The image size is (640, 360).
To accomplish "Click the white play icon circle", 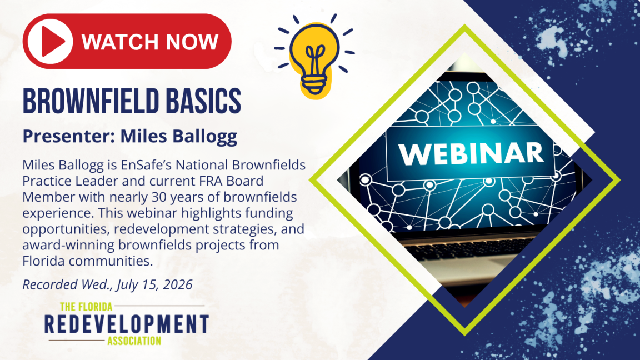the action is pos(50,41).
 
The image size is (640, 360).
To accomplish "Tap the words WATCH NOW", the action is pos(150,42).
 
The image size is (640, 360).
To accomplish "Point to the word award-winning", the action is pos(68,246).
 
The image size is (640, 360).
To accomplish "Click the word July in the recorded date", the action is pos(127,285).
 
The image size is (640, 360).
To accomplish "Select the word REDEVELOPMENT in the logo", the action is pos(127,324).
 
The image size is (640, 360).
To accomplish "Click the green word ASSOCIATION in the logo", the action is pos(134,341).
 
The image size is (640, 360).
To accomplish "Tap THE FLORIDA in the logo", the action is pos(86,307).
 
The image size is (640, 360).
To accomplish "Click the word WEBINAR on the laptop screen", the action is pos(472,153).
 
